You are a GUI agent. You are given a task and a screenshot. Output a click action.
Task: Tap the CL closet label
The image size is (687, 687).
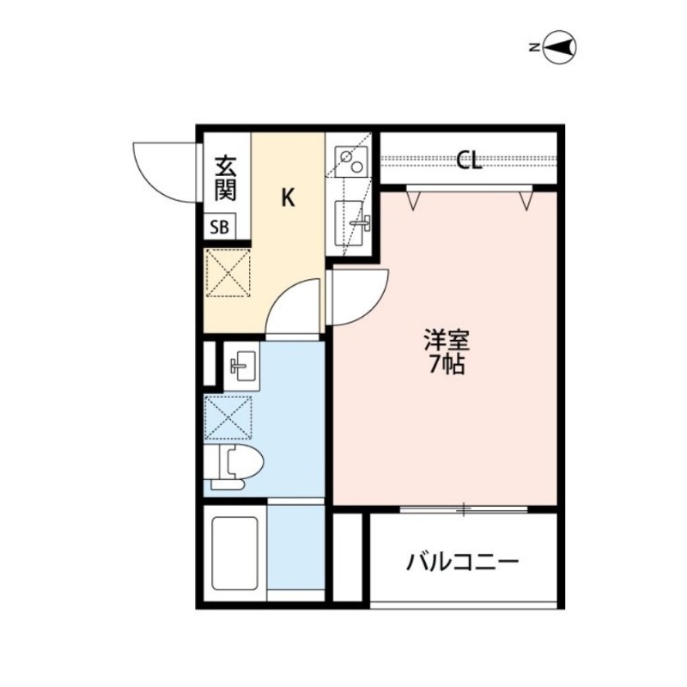[468, 161]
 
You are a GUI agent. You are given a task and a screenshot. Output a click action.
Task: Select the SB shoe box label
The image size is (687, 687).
[221, 228]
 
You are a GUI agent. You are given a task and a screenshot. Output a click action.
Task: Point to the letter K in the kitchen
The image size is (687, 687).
[289, 198]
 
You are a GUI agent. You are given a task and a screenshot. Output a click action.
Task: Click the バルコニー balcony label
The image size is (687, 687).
[463, 563]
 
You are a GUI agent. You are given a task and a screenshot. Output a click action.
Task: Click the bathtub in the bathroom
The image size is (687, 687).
[234, 553]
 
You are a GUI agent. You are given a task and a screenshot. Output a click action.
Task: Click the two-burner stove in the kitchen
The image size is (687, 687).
[351, 160]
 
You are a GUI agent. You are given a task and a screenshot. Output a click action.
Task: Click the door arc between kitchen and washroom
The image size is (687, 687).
[293, 310]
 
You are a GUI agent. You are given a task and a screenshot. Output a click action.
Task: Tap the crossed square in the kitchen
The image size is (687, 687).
[228, 272]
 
